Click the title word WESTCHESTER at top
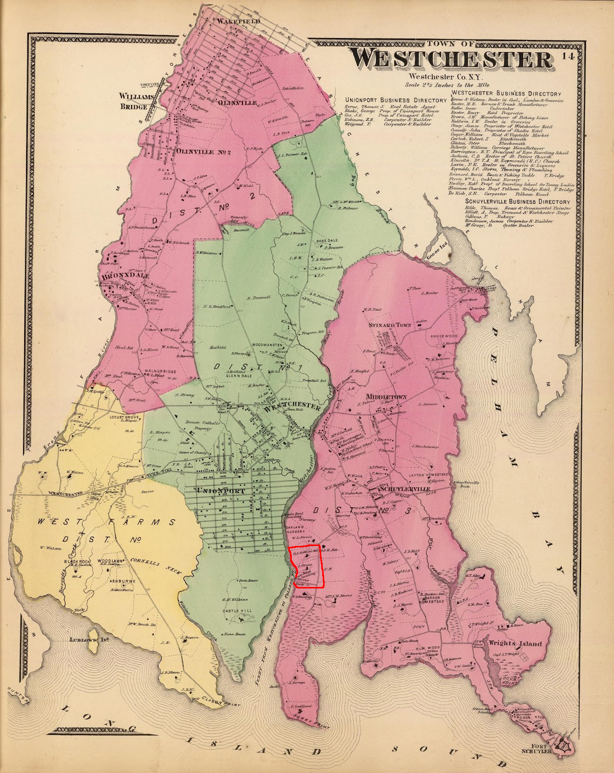coord(451,59)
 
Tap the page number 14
coord(568,57)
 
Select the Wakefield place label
coord(239,22)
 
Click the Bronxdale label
coord(125,277)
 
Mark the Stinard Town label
coord(390,325)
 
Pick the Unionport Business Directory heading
coord(396,100)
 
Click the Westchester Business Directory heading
coord(506,93)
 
